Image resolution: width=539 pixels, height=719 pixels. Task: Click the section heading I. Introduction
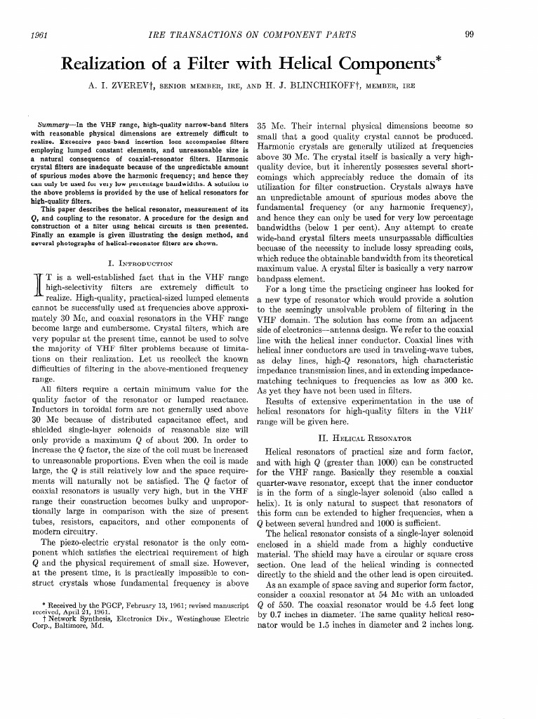[138, 263]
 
